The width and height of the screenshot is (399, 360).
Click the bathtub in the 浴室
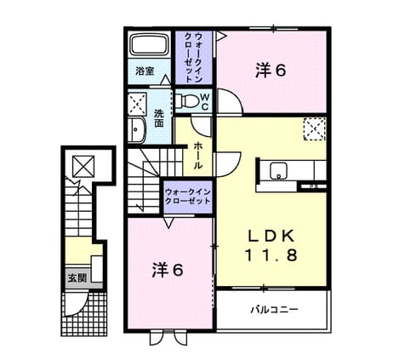tap(150, 45)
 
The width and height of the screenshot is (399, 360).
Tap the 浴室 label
tap(145, 71)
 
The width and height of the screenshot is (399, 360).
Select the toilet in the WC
tap(187, 100)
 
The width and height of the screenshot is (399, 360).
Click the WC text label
tap(205, 101)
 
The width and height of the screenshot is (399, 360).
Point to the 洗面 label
tap(159, 118)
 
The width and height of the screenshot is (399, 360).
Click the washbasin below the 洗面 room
tap(137, 130)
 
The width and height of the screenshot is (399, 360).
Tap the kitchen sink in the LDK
tap(279, 171)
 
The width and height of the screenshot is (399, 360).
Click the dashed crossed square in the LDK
tap(314, 129)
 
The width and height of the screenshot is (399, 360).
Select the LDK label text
tap(271, 236)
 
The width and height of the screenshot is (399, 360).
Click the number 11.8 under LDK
tap(271, 254)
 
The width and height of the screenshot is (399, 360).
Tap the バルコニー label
tap(274, 309)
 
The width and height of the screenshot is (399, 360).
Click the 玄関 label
tap(77, 278)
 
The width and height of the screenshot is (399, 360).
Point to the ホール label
tap(198, 156)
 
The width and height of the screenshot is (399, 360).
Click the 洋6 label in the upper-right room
tap(271, 71)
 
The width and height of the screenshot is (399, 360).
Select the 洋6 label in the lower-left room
tap(168, 270)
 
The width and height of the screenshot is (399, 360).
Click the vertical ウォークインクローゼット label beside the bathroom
tap(193, 58)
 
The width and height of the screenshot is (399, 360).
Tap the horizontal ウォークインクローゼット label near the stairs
tap(188, 197)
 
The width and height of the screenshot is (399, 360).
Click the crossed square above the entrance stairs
tap(83, 167)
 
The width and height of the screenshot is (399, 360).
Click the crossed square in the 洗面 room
tap(137, 104)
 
